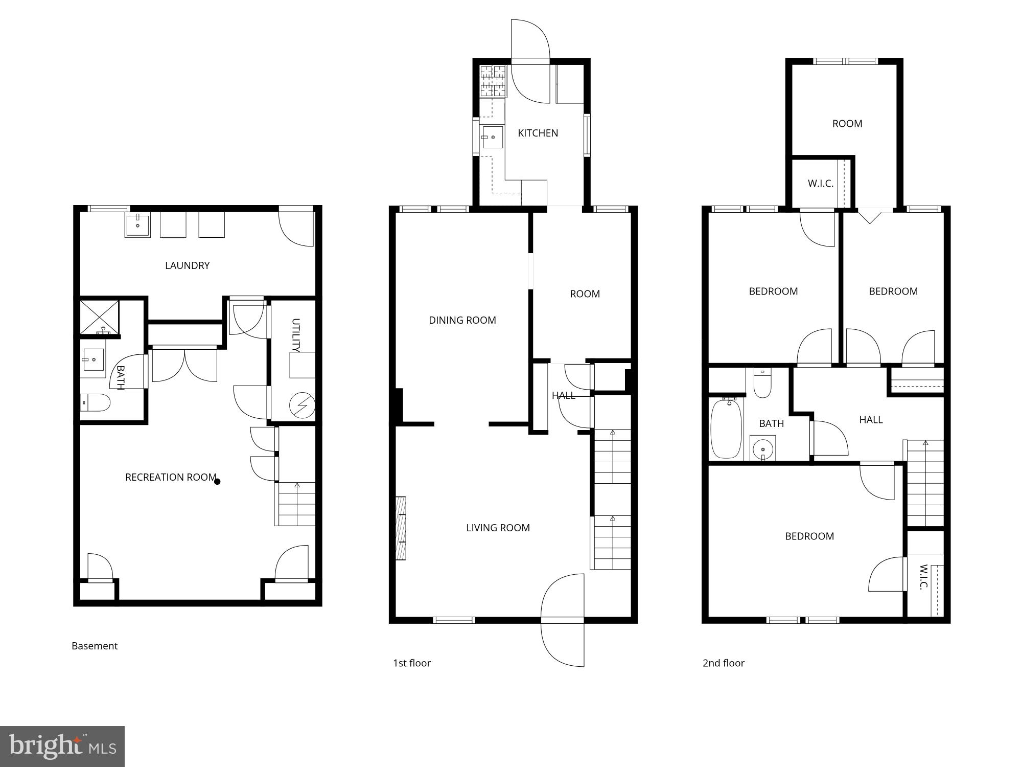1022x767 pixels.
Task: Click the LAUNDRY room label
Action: pyautogui.click(x=187, y=265)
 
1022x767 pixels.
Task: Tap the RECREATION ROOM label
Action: pyautogui.click(x=171, y=477)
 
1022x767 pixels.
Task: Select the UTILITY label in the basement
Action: pyautogui.click(x=295, y=335)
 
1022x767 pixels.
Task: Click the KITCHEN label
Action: pyautogui.click(x=538, y=133)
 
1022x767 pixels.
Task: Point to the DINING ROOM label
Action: pyautogui.click(x=462, y=320)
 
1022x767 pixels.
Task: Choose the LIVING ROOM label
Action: pyautogui.click(x=498, y=528)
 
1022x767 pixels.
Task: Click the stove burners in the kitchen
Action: pyautogui.click(x=493, y=81)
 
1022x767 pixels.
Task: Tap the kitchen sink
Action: pyautogui.click(x=493, y=137)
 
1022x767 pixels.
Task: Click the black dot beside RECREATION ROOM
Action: pyautogui.click(x=217, y=481)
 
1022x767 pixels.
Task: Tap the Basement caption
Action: pyautogui.click(x=95, y=646)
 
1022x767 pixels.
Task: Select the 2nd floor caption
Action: pyautogui.click(x=723, y=663)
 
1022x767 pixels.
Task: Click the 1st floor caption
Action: pyautogui.click(x=411, y=663)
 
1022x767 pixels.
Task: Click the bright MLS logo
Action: pyautogui.click(x=62, y=747)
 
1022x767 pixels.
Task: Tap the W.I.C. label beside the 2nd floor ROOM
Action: pyautogui.click(x=820, y=184)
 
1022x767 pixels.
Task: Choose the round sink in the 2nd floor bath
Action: pyautogui.click(x=763, y=449)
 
